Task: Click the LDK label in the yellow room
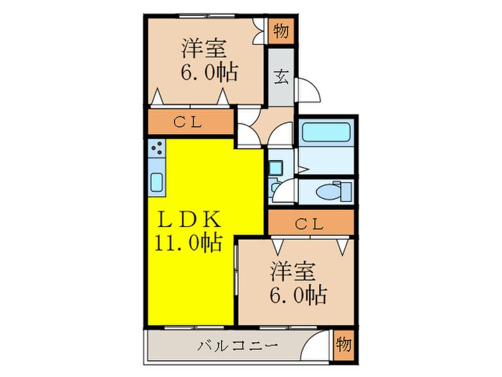(x=190, y=219)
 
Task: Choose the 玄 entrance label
(x=282, y=78)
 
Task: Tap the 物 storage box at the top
(x=281, y=32)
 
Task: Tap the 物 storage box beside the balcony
(x=344, y=346)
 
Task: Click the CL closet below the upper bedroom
(x=190, y=122)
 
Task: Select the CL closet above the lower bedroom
(x=311, y=223)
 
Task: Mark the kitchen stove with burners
(x=157, y=149)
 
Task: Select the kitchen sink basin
(x=157, y=182)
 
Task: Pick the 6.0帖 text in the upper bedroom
(x=209, y=73)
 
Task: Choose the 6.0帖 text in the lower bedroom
(x=299, y=294)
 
